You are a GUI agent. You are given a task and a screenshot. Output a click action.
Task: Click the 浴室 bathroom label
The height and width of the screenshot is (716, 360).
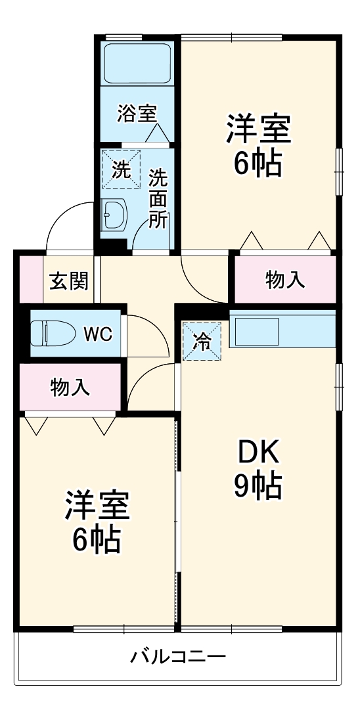[x=137, y=113]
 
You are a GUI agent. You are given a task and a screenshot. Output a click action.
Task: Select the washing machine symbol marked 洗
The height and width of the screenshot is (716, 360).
[x=122, y=169]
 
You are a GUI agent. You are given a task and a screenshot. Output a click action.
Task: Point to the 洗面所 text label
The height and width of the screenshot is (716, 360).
[x=158, y=198]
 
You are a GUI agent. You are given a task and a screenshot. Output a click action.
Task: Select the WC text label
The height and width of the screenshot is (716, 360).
[x=97, y=334]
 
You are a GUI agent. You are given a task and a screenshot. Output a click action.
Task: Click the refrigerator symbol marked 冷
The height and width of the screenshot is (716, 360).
[x=202, y=341]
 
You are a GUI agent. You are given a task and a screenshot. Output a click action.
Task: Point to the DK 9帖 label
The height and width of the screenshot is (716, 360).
[x=258, y=468]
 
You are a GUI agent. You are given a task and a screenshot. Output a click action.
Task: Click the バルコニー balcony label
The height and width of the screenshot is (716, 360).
[x=178, y=656]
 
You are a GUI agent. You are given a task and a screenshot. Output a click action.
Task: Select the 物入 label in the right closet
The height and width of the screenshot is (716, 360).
[x=284, y=279]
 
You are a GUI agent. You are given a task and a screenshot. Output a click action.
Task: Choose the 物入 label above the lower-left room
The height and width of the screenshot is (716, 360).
[x=70, y=387]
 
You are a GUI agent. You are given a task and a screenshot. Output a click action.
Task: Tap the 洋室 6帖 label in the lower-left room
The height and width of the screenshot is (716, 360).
[x=96, y=522]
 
